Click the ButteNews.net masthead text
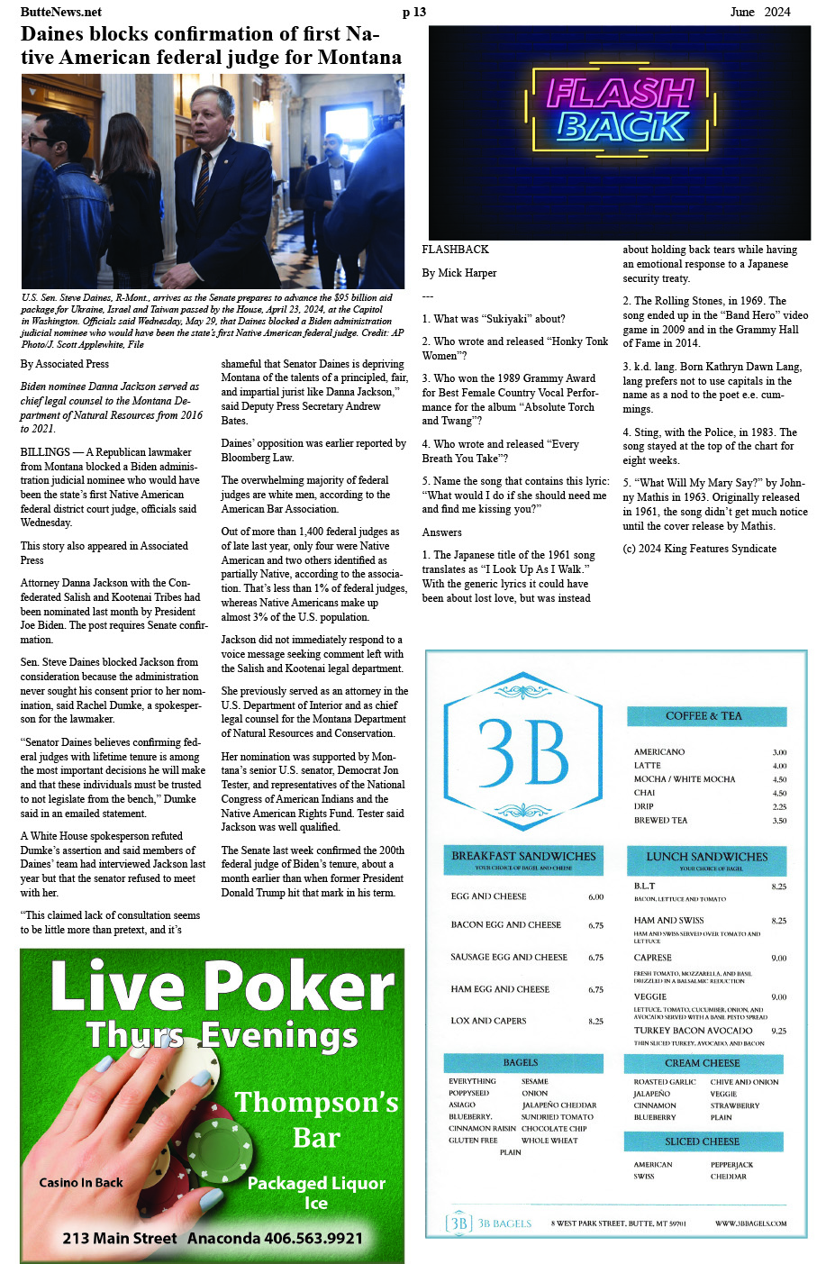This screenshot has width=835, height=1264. point(60,12)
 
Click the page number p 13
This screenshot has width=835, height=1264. point(413,12)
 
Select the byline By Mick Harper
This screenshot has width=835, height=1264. point(458,273)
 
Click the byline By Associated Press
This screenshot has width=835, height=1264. point(64,364)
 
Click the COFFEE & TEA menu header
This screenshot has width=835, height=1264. point(703,716)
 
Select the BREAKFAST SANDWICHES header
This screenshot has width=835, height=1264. point(523,857)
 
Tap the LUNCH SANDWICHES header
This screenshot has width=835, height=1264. point(706,857)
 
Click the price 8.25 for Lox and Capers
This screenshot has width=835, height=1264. point(595,1022)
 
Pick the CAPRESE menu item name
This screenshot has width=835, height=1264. point(652,958)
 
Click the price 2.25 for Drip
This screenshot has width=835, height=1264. point(779,807)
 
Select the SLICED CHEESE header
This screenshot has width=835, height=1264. point(702,1141)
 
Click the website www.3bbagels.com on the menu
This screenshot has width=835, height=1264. point(750,1223)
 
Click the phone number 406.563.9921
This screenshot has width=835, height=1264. point(313,1239)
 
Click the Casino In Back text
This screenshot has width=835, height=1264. point(80,1183)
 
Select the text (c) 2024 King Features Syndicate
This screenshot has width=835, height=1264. point(699,549)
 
